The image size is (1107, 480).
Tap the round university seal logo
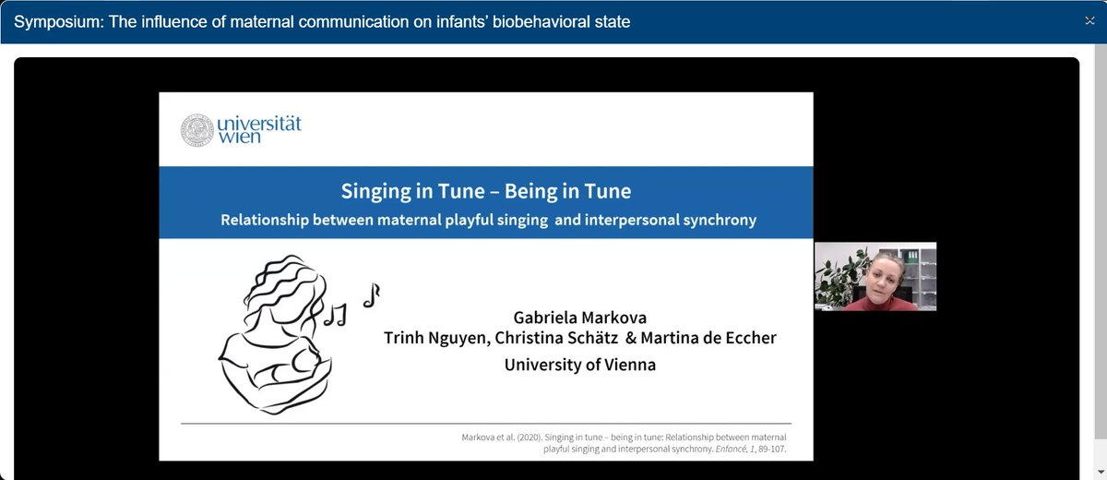[x=196, y=129]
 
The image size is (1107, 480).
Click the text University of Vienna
[x=579, y=365]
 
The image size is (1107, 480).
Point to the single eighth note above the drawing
[x=371, y=294]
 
